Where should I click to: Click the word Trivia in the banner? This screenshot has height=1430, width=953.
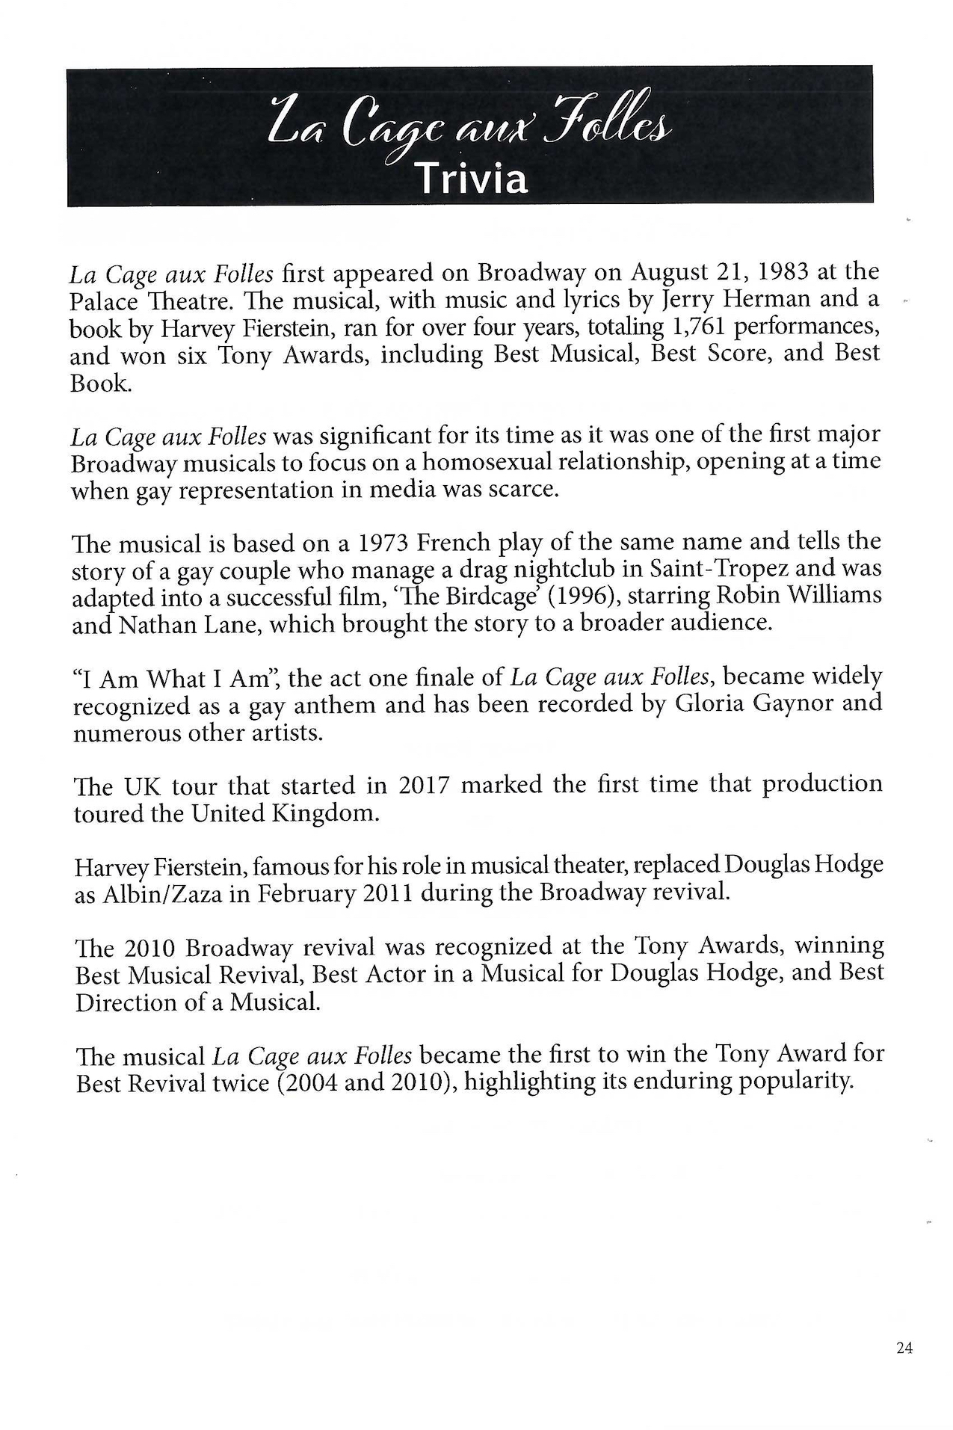[472, 179]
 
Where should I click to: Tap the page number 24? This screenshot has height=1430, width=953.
[904, 1348]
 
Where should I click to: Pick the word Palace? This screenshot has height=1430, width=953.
[104, 301]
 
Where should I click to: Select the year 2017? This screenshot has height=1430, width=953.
[424, 786]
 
